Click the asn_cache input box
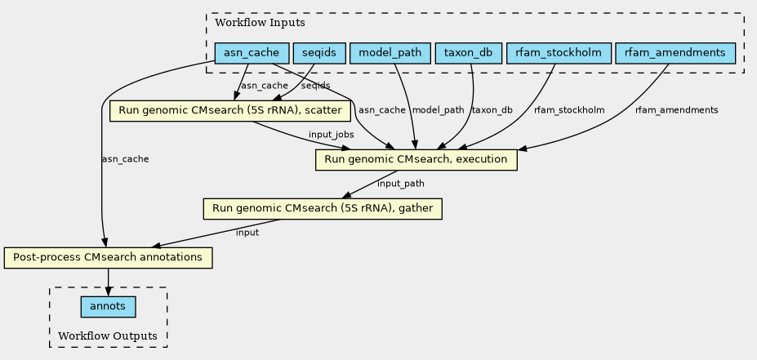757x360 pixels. [252, 53]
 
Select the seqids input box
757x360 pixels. [319, 53]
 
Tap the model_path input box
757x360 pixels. [390, 53]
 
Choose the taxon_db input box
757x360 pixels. [468, 53]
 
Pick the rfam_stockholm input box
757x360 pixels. [559, 53]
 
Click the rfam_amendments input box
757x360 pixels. [675, 53]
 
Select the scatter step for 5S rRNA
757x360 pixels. [229, 110]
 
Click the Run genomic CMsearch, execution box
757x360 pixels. [416, 160]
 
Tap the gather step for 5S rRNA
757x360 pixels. [323, 209]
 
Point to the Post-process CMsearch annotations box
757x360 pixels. [108, 258]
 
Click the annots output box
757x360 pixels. [108, 306]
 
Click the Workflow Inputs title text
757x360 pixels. [260, 23]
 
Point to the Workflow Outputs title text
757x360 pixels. [108, 336]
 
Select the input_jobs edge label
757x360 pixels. [332, 135]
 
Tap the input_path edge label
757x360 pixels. [401, 184]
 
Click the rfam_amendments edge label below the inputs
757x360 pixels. [676, 110]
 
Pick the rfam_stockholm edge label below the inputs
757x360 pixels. [569, 110]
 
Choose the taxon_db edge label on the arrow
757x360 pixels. [492, 110]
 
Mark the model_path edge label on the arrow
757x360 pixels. [438, 110]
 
